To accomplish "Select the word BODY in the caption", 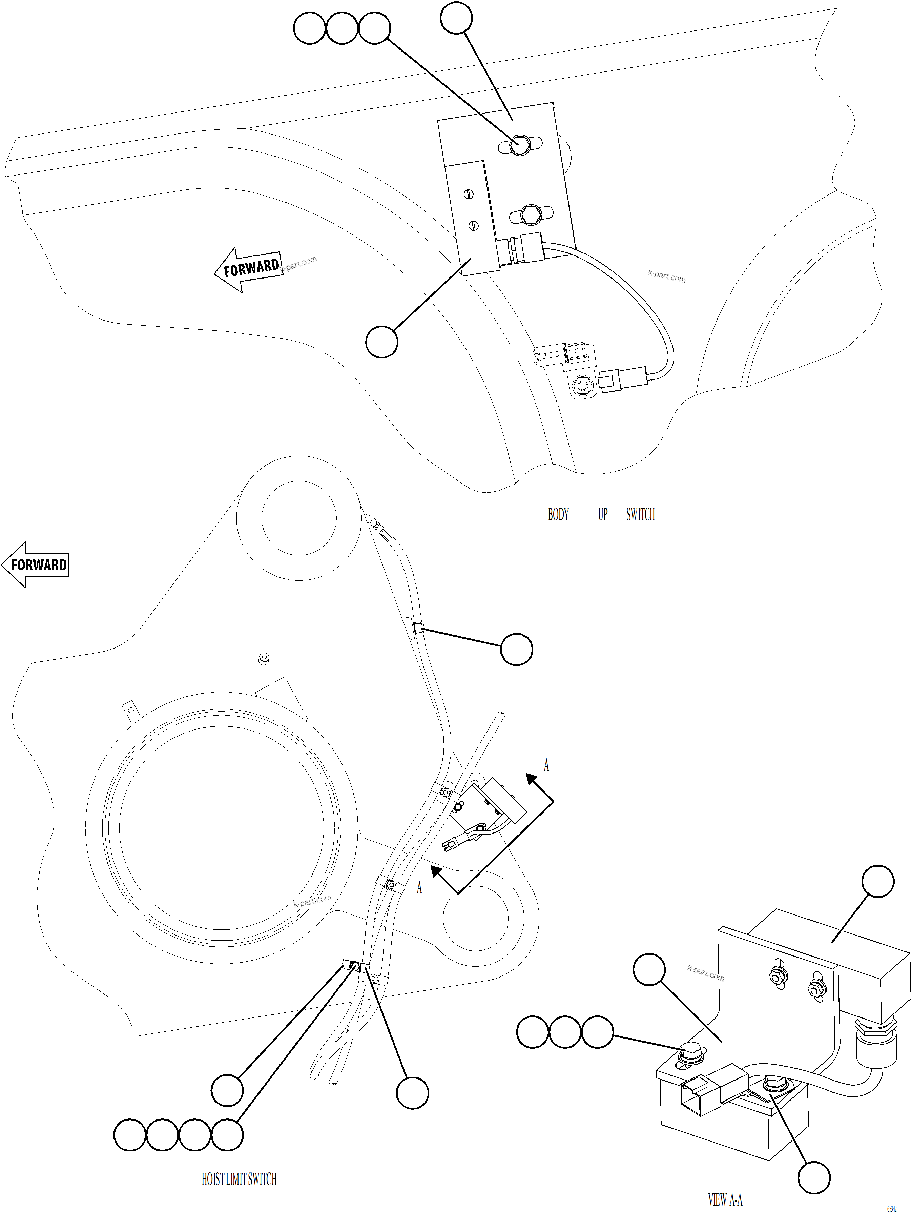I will pyautogui.click(x=558, y=514).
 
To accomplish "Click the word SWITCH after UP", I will pyautogui.click(x=640, y=514).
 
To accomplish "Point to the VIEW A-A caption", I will pyautogui.click(x=725, y=1200).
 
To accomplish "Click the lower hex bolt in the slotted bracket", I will pyautogui.click(x=529, y=214).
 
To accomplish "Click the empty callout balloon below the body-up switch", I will pyautogui.click(x=381, y=342).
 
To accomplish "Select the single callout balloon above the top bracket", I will pyautogui.click(x=456, y=18).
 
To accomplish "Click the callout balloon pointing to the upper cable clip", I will pyautogui.click(x=516, y=649).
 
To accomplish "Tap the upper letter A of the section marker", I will pyautogui.click(x=546, y=765).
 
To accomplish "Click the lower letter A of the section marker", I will pyautogui.click(x=419, y=887).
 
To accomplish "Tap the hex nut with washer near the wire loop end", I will pyautogui.click(x=582, y=385).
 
